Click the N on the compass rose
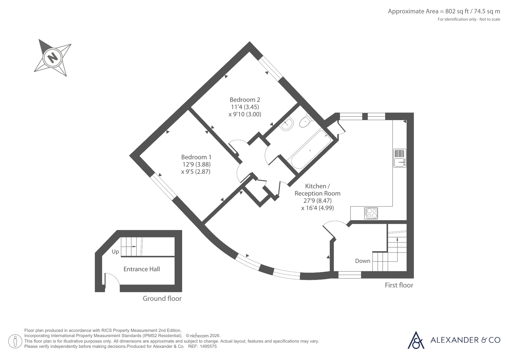(x=53, y=58)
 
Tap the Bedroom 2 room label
(x=245, y=100)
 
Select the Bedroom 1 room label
(x=196, y=157)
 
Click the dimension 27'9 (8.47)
(x=317, y=201)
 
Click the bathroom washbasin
(x=286, y=124)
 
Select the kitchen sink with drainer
(x=400, y=158)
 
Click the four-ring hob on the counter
(x=371, y=213)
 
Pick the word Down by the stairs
(x=363, y=261)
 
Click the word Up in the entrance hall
(x=115, y=252)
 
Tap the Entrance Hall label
(x=142, y=269)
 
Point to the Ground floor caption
(x=162, y=299)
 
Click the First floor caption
(x=399, y=285)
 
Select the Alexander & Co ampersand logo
(x=416, y=340)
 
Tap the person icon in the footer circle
(x=15, y=341)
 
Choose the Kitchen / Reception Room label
(x=317, y=190)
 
